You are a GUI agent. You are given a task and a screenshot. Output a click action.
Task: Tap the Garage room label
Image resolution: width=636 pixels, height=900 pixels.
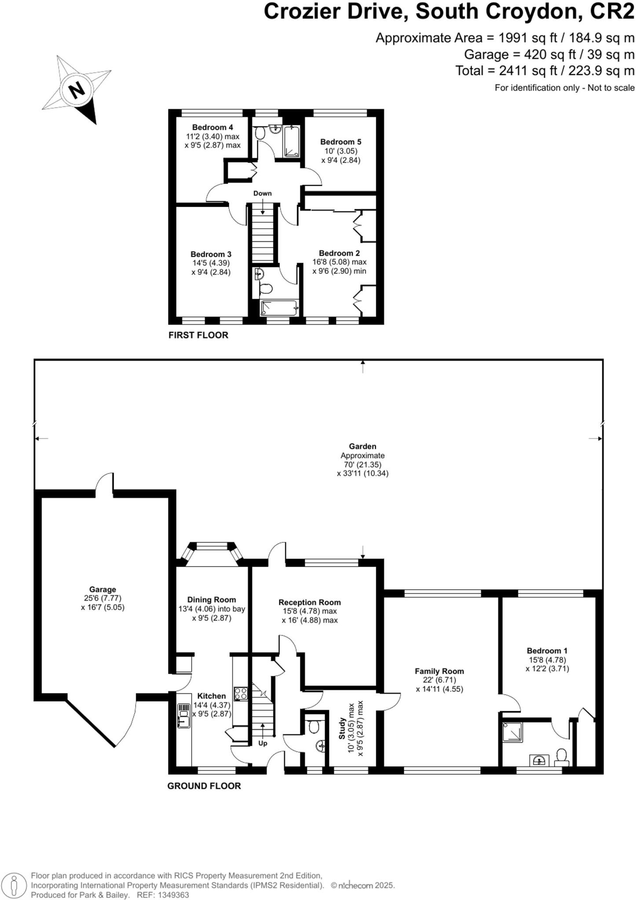click(x=102, y=589)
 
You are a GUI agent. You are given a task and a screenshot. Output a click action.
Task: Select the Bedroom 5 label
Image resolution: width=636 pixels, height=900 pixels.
click(x=340, y=142)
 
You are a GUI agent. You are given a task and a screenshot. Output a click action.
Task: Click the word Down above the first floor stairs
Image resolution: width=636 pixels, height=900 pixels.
click(x=262, y=193)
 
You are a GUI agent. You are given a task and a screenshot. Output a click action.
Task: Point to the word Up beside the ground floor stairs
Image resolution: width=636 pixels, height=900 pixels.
click(x=263, y=744)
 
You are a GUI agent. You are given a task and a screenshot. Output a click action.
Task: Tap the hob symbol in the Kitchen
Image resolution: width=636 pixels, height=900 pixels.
click(x=241, y=693)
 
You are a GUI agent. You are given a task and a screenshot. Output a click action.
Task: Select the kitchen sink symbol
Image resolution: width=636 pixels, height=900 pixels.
click(x=183, y=715)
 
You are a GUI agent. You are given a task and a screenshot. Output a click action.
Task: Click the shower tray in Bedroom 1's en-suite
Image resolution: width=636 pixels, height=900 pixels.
click(x=513, y=732)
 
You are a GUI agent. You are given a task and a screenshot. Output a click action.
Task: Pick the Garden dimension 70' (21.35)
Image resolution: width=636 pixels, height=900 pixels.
click(x=362, y=465)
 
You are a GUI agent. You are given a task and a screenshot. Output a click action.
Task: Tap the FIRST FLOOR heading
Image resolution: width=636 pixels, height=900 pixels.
click(x=198, y=335)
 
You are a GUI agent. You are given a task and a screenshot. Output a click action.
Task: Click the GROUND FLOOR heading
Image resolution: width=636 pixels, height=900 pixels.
click(x=204, y=786)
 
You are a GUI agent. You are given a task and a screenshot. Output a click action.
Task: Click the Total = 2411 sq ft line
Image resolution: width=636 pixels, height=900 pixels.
click(x=545, y=70)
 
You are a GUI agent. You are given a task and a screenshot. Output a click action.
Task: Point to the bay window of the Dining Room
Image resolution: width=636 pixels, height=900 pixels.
click(x=212, y=546)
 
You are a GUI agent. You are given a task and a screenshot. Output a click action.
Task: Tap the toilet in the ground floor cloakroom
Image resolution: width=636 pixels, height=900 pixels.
click(x=314, y=727)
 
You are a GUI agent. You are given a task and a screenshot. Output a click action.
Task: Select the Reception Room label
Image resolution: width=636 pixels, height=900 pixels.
click(x=309, y=602)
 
